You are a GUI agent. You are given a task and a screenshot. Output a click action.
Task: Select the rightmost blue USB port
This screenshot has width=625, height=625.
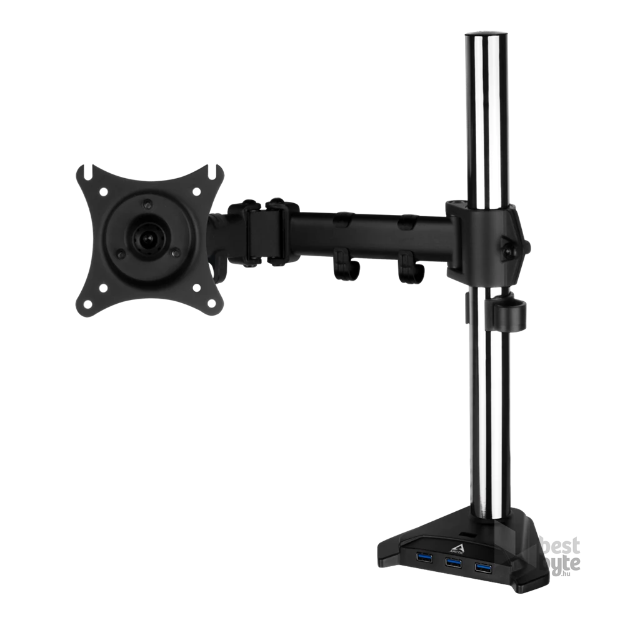(482, 567)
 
